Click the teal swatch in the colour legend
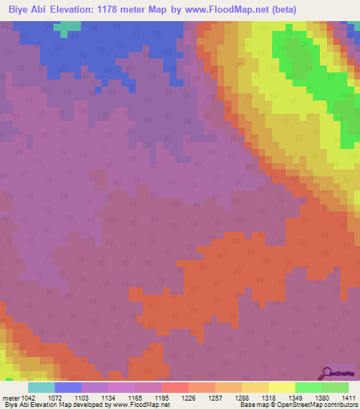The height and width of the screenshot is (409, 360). coord(41,387)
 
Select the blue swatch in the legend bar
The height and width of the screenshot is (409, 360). coord(68,387)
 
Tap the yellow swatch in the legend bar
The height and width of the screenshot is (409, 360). coord(282,387)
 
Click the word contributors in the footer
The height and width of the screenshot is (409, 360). coord(340,405)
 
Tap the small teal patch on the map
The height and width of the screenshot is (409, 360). coord(67,28)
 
